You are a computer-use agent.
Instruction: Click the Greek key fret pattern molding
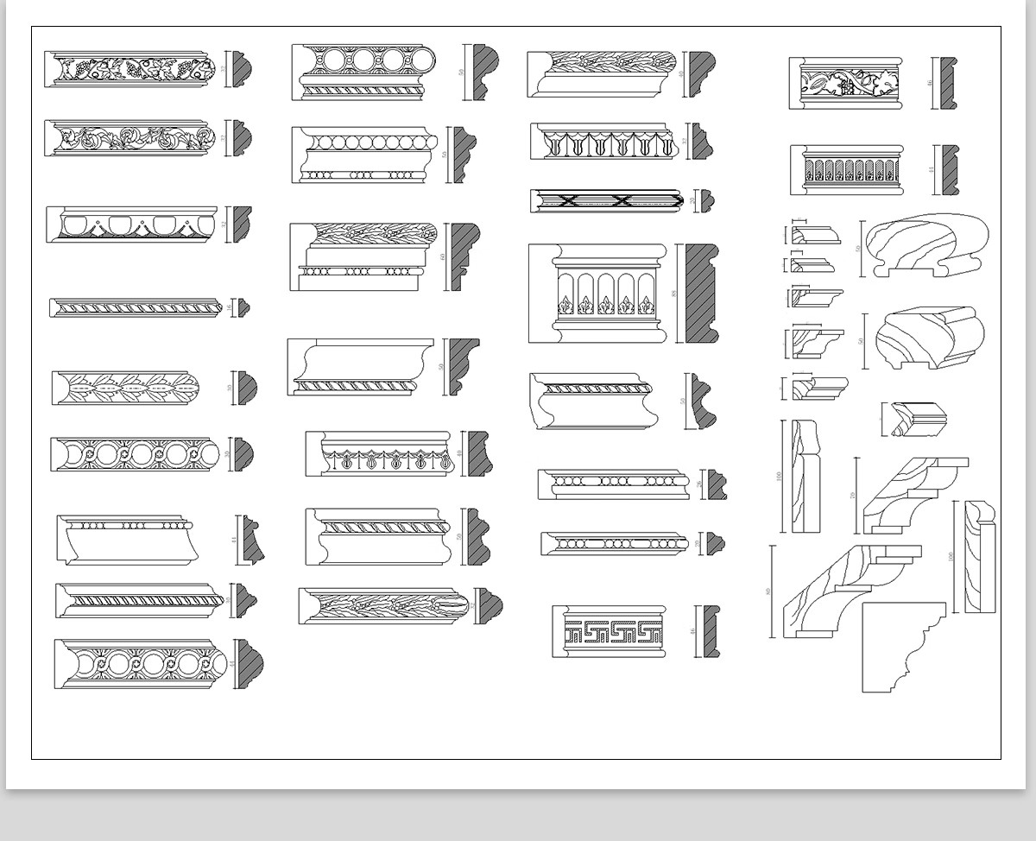(x=610, y=632)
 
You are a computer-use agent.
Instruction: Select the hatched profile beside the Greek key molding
(x=711, y=630)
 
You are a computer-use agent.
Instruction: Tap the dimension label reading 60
(x=443, y=256)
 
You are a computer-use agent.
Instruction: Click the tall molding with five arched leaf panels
(x=598, y=293)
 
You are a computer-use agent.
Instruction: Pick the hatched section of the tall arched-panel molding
(x=701, y=294)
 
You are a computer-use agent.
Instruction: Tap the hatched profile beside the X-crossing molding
(x=707, y=200)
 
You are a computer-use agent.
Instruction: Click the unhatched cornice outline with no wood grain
(x=902, y=648)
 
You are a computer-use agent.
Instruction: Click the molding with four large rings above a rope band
(x=363, y=71)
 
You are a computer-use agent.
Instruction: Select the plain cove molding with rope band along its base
(x=360, y=367)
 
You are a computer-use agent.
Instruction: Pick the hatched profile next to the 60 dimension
(x=464, y=256)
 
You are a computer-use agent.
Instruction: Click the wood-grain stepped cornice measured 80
(x=850, y=591)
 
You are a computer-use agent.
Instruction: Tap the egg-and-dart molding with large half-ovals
(x=132, y=224)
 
